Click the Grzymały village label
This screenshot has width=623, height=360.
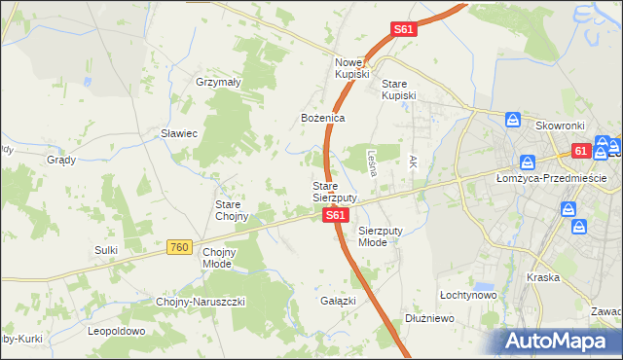pyautogui.click(x=218, y=83)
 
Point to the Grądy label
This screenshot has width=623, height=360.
pyautogui.click(x=61, y=160)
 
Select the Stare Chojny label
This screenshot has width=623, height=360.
pyautogui.click(x=232, y=210)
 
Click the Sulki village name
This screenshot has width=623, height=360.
pyautogui.click(x=106, y=250)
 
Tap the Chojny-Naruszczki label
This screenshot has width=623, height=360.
pyautogui.click(x=201, y=302)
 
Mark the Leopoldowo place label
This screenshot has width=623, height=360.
pyautogui.click(x=116, y=331)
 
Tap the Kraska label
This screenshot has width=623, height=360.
pyautogui.click(x=542, y=277)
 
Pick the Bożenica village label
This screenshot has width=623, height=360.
pyautogui.click(x=322, y=118)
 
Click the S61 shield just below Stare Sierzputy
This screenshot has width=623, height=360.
pyautogui.click(x=334, y=215)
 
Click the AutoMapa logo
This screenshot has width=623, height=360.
pyautogui.click(x=560, y=342)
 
